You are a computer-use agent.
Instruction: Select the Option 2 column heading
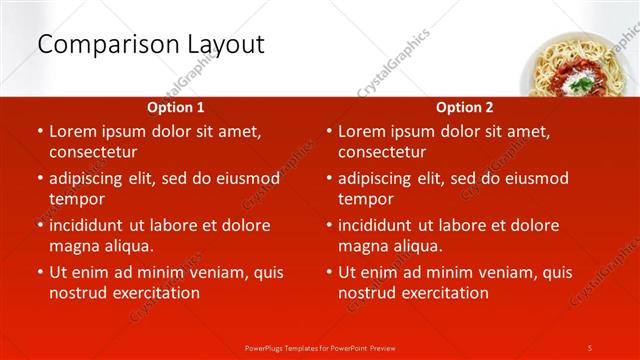click(x=464, y=106)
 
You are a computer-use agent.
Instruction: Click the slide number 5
click(x=590, y=347)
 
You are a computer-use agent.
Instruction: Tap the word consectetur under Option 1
click(x=93, y=152)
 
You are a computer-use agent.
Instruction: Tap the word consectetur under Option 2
click(x=382, y=152)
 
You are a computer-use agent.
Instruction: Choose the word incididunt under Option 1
click(x=93, y=225)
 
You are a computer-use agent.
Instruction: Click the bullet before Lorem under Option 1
click(x=39, y=131)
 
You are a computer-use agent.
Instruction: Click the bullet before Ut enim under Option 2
click(x=328, y=272)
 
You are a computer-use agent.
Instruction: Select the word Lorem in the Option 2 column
click(x=361, y=131)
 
